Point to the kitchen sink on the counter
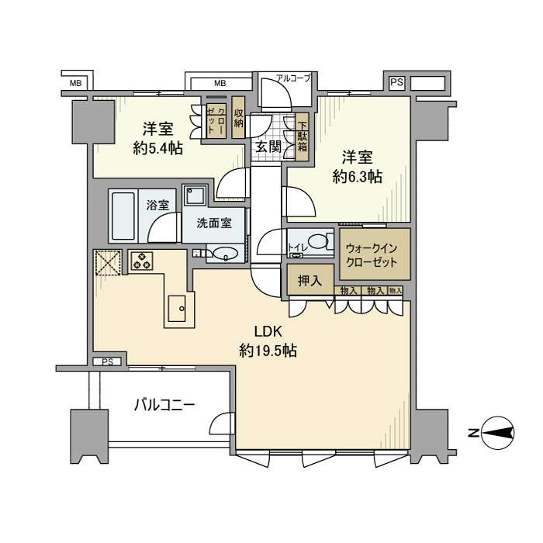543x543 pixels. [178, 309]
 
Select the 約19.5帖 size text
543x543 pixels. [268, 351]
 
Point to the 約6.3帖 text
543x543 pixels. [357, 177]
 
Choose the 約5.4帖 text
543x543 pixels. [157, 148]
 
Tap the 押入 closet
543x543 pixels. [310, 280]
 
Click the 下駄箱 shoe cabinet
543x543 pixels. [301, 137]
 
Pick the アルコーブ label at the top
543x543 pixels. [293, 78]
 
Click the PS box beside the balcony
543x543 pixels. [108, 361]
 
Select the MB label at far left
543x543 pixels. [76, 82]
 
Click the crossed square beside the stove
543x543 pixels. [108, 261]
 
